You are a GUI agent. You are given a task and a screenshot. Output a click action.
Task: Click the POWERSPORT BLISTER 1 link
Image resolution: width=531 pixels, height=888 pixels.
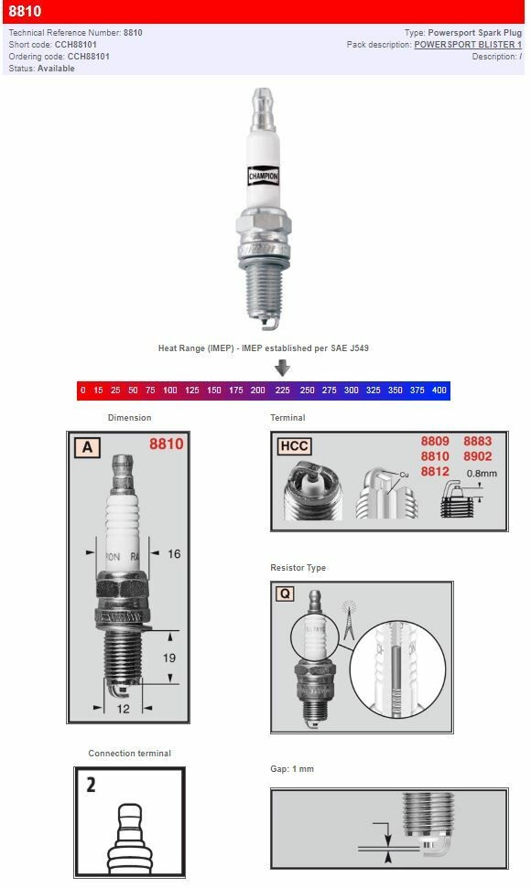click(x=468, y=44)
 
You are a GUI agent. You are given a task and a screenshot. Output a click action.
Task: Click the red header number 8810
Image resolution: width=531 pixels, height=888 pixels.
click(x=25, y=12)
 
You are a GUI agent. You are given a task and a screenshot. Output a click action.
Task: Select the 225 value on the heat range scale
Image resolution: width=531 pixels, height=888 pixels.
click(x=282, y=391)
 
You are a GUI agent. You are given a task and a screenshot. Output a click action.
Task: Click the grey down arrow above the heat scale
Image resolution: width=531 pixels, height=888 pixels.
click(x=283, y=368)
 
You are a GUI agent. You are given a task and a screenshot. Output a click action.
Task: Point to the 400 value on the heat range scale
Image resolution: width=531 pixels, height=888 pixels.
click(x=439, y=391)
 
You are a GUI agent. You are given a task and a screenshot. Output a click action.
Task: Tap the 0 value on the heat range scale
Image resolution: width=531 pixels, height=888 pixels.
click(x=82, y=391)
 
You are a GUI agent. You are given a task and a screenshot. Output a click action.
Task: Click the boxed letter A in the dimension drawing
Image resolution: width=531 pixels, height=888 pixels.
click(x=87, y=446)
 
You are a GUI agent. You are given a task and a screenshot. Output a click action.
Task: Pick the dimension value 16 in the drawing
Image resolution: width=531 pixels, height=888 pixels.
click(x=174, y=553)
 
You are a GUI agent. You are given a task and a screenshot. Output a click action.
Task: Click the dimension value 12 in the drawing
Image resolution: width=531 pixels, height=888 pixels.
click(x=123, y=709)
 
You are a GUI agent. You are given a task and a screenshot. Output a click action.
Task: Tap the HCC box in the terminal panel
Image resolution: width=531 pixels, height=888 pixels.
click(x=294, y=446)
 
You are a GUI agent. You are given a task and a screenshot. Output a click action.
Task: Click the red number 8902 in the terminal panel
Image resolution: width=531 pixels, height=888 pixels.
click(x=478, y=455)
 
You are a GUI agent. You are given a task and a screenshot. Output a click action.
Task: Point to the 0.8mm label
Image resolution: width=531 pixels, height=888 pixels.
click(x=482, y=474)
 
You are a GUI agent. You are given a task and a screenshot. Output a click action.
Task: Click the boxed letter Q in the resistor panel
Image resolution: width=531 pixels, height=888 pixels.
click(x=286, y=594)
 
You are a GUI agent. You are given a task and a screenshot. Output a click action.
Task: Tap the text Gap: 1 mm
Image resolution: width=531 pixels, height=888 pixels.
click(x=292, y=769)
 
